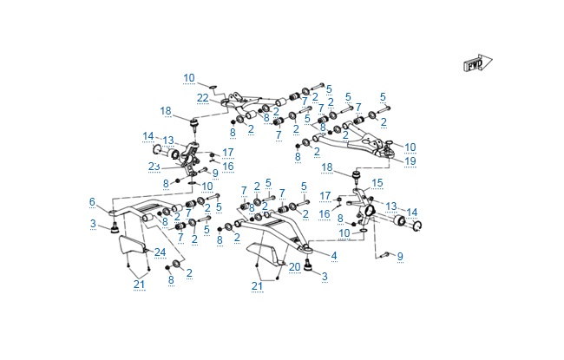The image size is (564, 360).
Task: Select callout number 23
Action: pos(154,167)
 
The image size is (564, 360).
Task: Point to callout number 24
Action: pos(160,252)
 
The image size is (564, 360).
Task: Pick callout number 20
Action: pos(295,265)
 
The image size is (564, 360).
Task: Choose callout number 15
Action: pos(376,183)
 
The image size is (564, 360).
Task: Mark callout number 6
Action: pos(92,202)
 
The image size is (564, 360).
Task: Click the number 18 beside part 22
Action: pos(166,110)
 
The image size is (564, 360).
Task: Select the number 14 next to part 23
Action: pos(148,135)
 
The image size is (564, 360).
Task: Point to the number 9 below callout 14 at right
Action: pos(400,257)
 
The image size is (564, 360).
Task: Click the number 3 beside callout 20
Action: pos(325,276)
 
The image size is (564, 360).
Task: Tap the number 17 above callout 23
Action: pos(228,152)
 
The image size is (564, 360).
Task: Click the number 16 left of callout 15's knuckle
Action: pos(325,213)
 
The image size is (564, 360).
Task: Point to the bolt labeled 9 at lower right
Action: pos(385,254)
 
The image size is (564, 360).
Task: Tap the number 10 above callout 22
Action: pos(189,78)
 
